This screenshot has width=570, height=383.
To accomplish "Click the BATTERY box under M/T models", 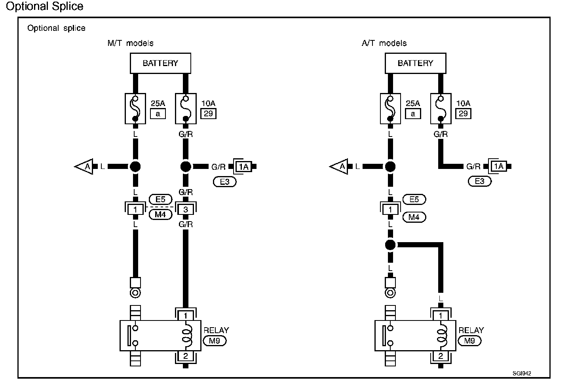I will [160, 63].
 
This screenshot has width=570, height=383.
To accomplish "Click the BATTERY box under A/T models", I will [415, 63].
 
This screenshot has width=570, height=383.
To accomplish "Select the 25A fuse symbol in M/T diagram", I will [135, 108].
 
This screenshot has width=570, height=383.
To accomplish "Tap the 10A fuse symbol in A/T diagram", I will [441, 108].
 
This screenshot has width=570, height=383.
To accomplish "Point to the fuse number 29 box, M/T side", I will [209, 114].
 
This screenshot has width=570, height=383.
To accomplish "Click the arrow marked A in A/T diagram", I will [340, 167].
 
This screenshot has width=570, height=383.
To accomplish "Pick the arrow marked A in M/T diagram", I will [85, 167].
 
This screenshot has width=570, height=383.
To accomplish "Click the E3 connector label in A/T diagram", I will [479, 181].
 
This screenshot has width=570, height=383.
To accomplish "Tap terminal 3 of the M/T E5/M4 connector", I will [186, 209].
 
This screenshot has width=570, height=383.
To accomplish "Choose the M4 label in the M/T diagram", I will [160, 215].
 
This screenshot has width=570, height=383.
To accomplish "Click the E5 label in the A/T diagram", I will [414, 199].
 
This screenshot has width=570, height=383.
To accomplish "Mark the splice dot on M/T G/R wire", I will [186, 167].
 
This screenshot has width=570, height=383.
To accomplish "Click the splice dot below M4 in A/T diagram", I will [390, 245].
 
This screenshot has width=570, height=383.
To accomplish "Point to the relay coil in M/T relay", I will [186, 336].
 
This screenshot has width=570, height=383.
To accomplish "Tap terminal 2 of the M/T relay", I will [185, 356].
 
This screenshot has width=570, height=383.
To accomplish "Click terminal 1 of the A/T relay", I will [441, 315].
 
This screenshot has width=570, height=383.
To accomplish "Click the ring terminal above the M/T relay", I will [135, 293].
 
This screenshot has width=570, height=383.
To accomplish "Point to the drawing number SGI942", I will [522, 373].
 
